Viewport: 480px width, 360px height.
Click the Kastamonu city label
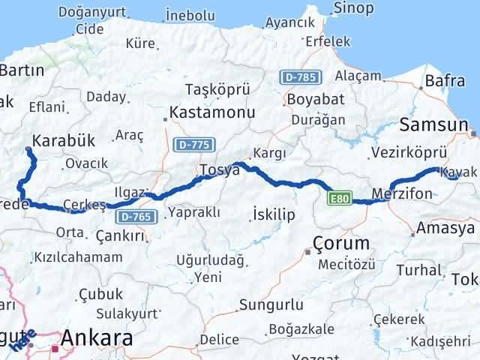coord(212,112)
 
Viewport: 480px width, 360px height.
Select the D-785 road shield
coord(301,76)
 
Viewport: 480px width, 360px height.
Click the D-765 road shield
coord(136,216)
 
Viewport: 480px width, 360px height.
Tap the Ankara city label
coord(96,339)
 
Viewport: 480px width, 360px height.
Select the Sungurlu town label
coord(271,304)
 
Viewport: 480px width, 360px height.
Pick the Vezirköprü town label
coord(409,152)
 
